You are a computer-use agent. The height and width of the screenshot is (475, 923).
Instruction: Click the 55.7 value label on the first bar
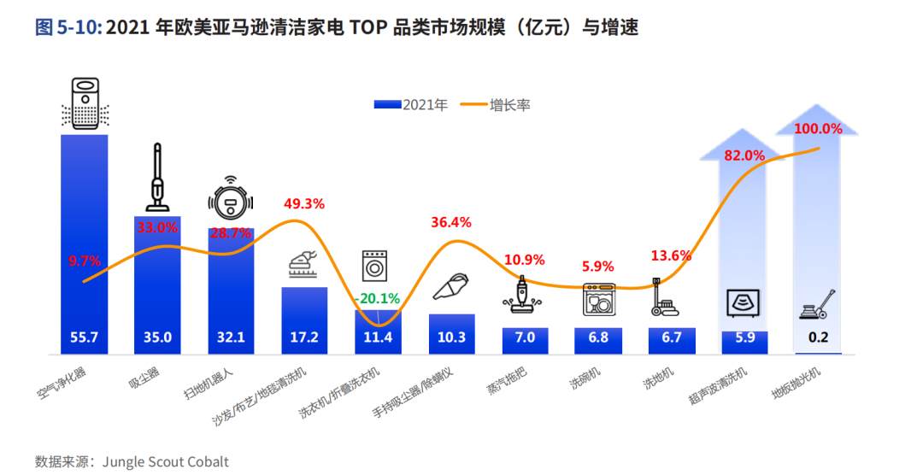(x=85, y=337)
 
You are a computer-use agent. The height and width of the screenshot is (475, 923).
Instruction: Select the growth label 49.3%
(x=304, y=203)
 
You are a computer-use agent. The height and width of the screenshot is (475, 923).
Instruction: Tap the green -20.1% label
(x=377, y=298)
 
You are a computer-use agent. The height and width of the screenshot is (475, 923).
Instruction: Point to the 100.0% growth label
(x=819, y=129)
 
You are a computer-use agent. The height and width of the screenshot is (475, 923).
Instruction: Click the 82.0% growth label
(x=744, y=155)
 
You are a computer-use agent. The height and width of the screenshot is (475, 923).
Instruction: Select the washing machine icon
(x=377, y=266)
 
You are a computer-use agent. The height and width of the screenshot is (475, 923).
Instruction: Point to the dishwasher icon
(x=598, y=299)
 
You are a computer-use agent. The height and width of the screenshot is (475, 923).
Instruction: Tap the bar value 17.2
(x=304, y=337)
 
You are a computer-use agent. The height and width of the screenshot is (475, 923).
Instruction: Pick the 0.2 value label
(x=818, y=337)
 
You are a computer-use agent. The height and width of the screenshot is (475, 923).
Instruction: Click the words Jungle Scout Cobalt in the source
(x=166, y=462)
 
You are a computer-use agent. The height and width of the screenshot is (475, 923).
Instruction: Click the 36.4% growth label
(x=450, y=222)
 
